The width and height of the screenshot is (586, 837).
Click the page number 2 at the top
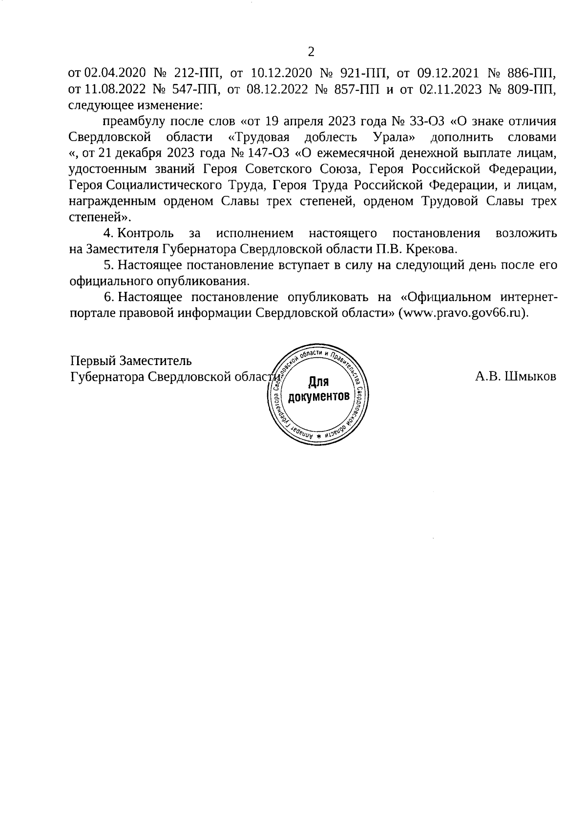(x=311, y=52)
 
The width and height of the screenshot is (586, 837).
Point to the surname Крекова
(x=433, y=249)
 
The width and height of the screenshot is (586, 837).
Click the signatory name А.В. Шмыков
(x=515, y=376)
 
